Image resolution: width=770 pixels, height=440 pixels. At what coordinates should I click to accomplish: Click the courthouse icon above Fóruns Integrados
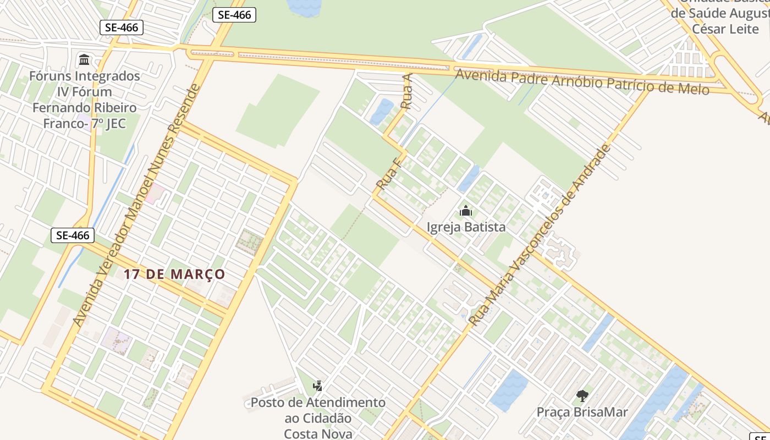click(84, 59)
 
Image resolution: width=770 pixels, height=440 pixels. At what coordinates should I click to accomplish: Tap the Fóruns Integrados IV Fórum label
click(84, 84)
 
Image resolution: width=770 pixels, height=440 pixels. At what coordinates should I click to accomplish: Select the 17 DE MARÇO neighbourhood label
click(174, 274)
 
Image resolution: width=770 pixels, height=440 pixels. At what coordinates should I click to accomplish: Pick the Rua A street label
click(407, 91)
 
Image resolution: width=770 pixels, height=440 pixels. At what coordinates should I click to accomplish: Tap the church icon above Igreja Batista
click(466, 211)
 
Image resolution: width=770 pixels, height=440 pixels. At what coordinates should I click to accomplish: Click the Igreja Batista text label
click(466, 227)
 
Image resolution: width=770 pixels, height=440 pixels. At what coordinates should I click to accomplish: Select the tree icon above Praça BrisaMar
click(582, 395)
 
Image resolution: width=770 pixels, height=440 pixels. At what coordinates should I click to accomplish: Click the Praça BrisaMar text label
click(582, 411)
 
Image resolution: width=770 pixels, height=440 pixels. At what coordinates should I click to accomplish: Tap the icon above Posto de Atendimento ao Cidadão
click(317, 386)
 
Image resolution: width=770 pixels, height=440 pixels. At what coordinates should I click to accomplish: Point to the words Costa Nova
click(318, 433)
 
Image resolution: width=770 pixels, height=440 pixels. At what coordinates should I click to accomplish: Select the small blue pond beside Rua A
click(382, 112)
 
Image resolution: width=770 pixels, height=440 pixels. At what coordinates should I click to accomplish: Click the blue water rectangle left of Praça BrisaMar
click(509, 391)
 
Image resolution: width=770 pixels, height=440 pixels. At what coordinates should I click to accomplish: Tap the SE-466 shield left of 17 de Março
click(73, 235)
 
